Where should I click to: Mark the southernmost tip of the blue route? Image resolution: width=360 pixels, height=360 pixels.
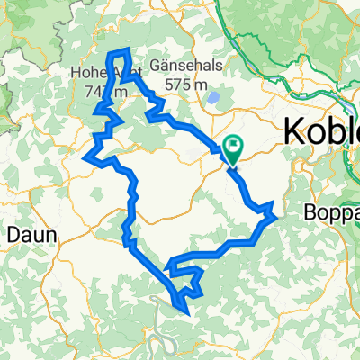pos(186,312)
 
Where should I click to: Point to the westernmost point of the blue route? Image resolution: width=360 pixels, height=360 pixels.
pos(85,158)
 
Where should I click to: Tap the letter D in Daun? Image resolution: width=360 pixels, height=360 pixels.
pos(13,234)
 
